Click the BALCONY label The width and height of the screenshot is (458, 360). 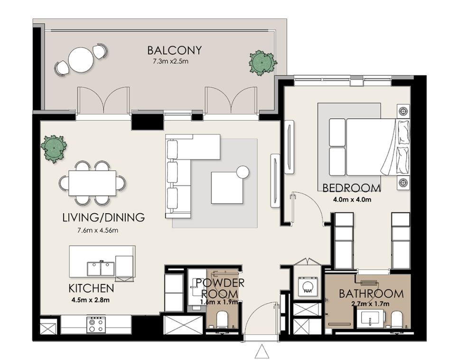tap(174, 50)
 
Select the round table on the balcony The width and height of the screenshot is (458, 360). tap(82, 58)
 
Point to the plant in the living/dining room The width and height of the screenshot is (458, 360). tap(54, 149)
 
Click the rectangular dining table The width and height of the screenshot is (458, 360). tap(92, 183)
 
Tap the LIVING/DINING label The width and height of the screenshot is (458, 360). tap(103, 218)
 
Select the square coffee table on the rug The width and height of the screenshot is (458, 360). tap(227, 188)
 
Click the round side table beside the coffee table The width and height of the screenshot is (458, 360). tap(243, 172)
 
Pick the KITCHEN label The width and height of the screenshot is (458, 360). tap(91, 288)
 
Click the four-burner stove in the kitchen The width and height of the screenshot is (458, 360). tap(96, 325)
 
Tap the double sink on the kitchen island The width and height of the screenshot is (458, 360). tap(101, 268)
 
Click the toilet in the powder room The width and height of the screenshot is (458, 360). tap(223, 320)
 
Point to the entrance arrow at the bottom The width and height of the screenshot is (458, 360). tap(262, 352)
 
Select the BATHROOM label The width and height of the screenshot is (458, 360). tap(371, 294)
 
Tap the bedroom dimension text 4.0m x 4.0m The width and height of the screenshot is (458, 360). tap(352, 200)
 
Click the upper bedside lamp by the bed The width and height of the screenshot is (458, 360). tap(403, 111)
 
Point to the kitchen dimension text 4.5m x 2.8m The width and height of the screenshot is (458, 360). tap(90, 300)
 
